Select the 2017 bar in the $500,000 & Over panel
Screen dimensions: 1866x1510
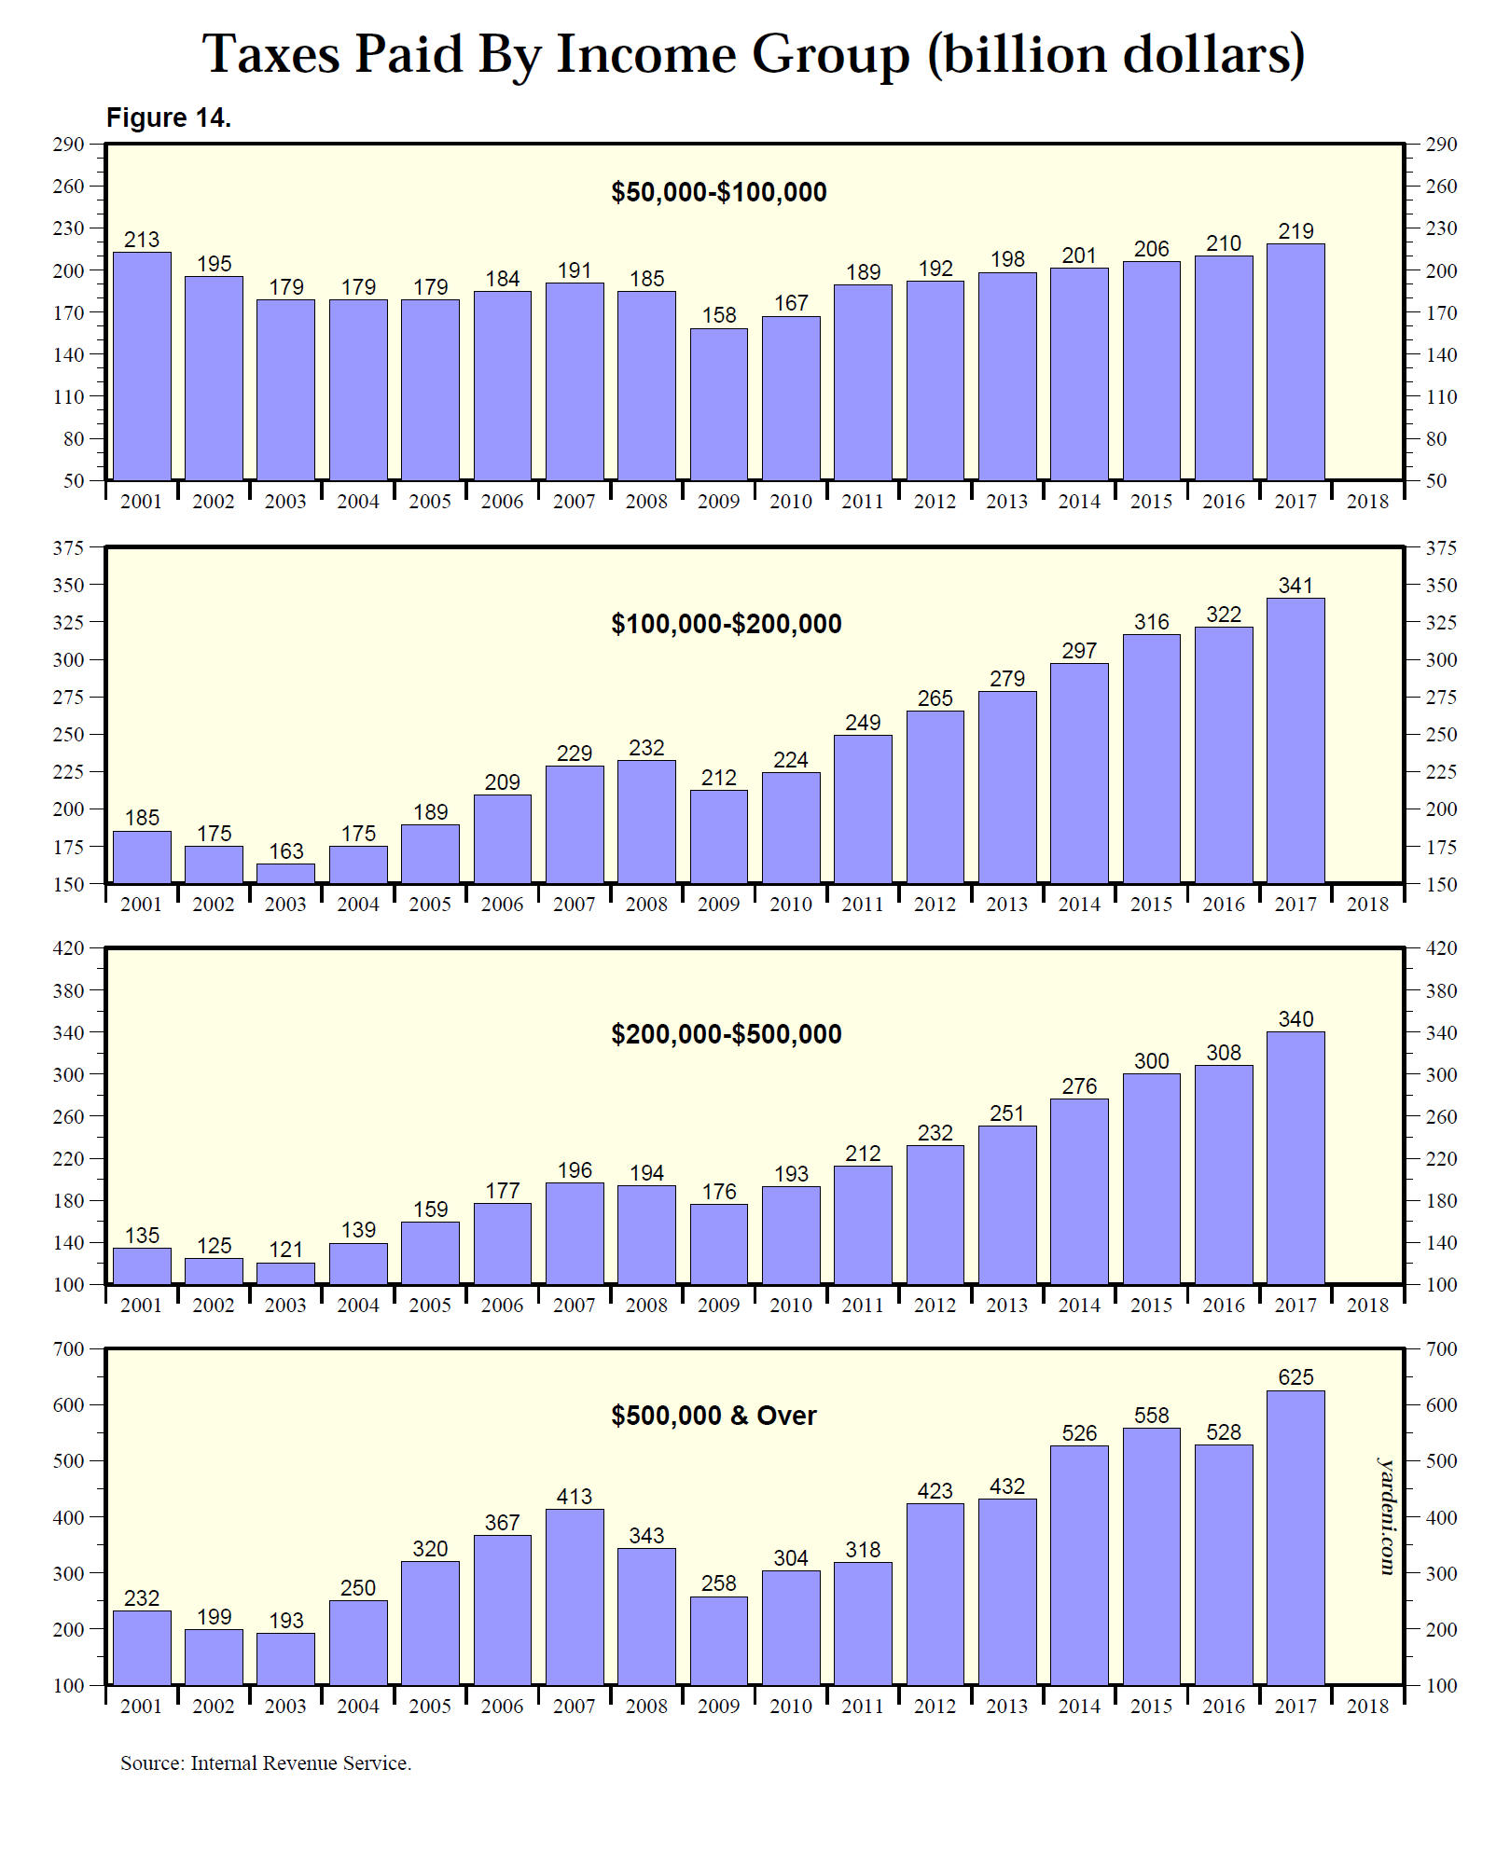(x=1295, y=1539)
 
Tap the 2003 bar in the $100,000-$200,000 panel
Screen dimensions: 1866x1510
(x=286, y=873)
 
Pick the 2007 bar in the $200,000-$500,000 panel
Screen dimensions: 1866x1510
(x=575, y=1233)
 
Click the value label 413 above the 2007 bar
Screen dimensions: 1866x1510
(x=575, y=1497)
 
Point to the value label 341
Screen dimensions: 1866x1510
(x=1295, y=586)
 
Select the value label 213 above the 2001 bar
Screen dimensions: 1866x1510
(x=142, y=240)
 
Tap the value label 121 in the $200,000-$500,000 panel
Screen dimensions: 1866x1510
(x=286, y=1250)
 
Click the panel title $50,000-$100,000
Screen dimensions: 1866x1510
(x=718, y=192)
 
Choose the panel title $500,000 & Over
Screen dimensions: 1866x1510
(x=713, y=1416)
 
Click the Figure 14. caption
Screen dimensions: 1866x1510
(x=169, y=117)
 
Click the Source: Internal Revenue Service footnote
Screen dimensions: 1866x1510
(x=266, y=1763)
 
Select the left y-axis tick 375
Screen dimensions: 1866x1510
(x=68, y=548)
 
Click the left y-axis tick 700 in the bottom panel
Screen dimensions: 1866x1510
(x=68, y=1349)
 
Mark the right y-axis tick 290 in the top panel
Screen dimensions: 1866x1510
(x=1441, y=145)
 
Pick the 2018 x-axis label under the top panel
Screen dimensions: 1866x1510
(x=1367, y=502)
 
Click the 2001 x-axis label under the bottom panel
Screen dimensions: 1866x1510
(x=142, y=1707)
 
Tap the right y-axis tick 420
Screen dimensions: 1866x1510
(x=1441, y=948)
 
